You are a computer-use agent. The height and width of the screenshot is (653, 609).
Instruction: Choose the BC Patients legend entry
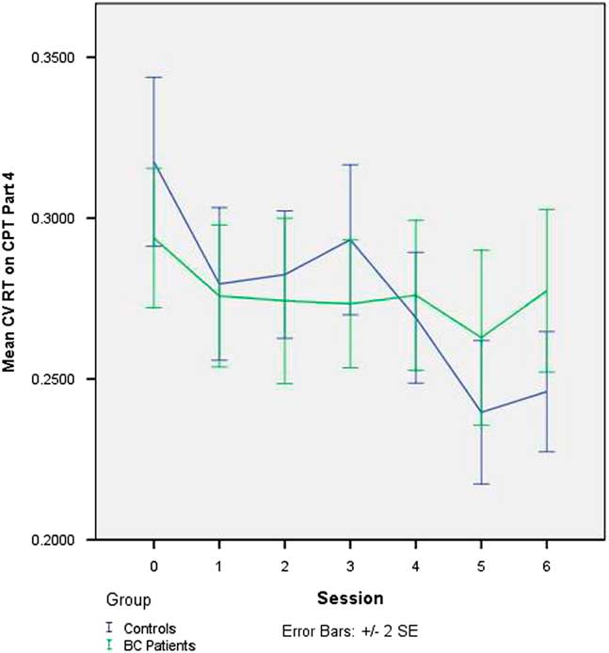pyautogui.click(x=152, y=644)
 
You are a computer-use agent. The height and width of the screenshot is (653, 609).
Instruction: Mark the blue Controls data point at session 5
pyautogui.click(x=481, y=412)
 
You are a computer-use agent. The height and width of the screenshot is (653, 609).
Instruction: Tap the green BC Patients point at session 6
pyautogui.click(x=546, y=291)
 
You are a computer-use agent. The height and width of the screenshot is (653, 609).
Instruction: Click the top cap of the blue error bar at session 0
pyautogui.click(x=153, y=77)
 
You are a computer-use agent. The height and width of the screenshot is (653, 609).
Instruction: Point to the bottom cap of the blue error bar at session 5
pyautogui.click(x=481, y=484)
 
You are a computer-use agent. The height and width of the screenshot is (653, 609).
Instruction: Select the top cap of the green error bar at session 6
pyautogui.click(x=546, y=209)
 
